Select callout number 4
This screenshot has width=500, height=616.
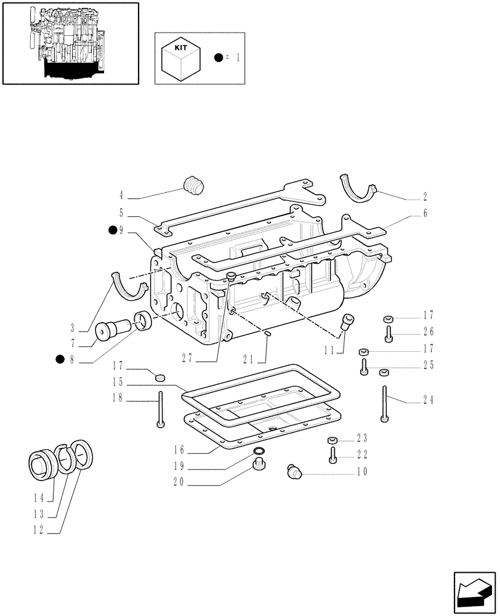121,197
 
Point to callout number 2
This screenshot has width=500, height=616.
425,198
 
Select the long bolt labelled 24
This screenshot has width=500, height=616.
385,404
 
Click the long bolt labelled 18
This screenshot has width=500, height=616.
161,408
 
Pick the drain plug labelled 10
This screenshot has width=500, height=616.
294,472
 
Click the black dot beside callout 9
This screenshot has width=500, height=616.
113,230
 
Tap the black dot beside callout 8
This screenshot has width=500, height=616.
60,360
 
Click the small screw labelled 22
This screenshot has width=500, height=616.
333,456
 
